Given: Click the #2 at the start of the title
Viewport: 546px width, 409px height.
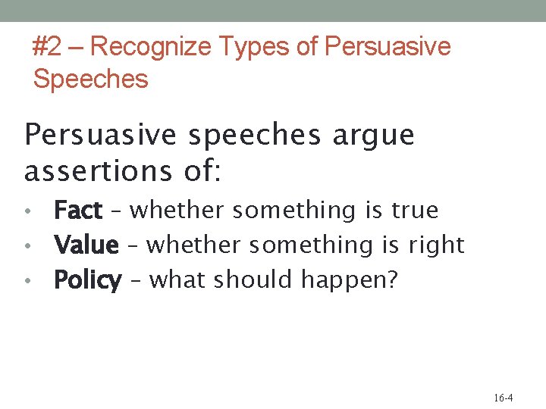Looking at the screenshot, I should [x=47, y=47].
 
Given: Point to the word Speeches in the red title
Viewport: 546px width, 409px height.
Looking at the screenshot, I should [x=90, y=79].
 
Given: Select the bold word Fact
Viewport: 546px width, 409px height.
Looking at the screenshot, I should [x=77, y=210].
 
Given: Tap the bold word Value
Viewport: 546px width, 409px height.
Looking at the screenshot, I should [x=86, y=245].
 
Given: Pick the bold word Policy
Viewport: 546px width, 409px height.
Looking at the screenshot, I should [x=87, y=281].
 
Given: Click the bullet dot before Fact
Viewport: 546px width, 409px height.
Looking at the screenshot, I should [x=27, y=211].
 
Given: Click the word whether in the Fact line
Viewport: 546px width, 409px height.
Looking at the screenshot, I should [x=177, y=210].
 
